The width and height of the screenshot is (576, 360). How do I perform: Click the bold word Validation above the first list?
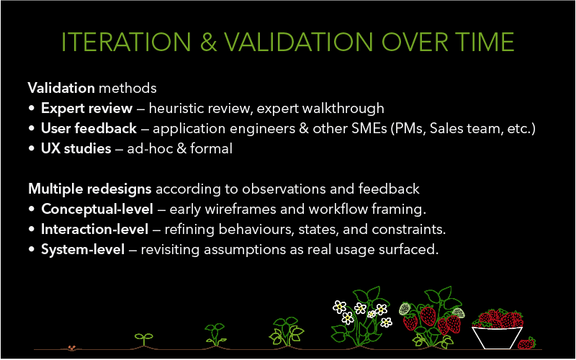click(61, 89)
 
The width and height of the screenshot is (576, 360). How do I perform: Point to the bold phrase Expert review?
click(86, 109)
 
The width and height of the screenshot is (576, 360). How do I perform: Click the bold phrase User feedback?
click(90, 129)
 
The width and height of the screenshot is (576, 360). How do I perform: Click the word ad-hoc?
click(147, 149)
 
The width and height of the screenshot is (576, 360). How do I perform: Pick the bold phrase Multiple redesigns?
click(90, 189)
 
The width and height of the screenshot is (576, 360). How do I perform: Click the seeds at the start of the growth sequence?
click(71, 347)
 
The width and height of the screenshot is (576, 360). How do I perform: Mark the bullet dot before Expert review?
click(32, 109)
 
